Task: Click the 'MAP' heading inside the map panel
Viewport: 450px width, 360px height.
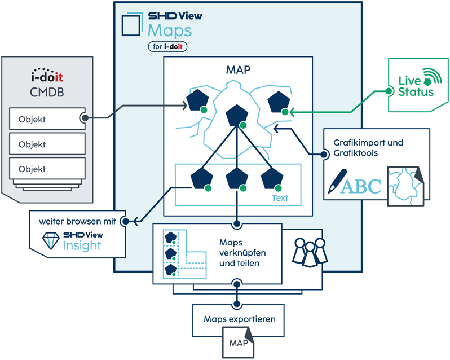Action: click(237, 71)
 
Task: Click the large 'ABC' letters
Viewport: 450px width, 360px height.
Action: click(361, 186)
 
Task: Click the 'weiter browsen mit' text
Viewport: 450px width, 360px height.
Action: click(77, 221)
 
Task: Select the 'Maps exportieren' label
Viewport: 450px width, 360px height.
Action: click(239, 319)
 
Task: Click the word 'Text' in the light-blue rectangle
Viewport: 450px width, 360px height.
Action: click(280, 198)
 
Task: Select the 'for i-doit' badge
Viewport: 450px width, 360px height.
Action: click(167, 47)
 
